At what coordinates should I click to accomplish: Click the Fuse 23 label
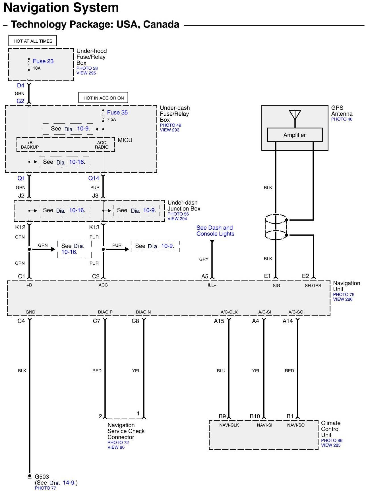(43, 61)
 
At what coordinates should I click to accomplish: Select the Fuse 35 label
(117, 113)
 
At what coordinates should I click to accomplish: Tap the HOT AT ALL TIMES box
(33, 41)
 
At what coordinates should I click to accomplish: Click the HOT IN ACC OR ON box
(104, 98)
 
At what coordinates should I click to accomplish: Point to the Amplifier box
(295, 135)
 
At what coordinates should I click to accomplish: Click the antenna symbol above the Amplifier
(295, 115)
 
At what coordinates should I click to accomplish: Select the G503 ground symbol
(29, 477)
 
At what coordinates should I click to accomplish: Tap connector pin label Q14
(94, 178)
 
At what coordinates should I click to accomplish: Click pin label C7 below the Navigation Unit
(96, 321)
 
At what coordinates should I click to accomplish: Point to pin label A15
(219, 321)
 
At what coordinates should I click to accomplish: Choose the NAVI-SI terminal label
(264, 425)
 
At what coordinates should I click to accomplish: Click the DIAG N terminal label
(143, 312)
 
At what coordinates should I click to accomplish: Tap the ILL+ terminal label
(212, 285)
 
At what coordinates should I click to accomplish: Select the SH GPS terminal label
(313, 286)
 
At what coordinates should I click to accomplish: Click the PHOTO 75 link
(344, 295)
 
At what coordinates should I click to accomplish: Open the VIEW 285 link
(331, 445)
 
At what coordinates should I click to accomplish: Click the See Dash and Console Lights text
(215, 231)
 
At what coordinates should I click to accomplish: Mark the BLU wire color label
(221, 371)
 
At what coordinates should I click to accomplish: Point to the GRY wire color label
(204, 259)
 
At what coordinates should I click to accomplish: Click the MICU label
(125, 140)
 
